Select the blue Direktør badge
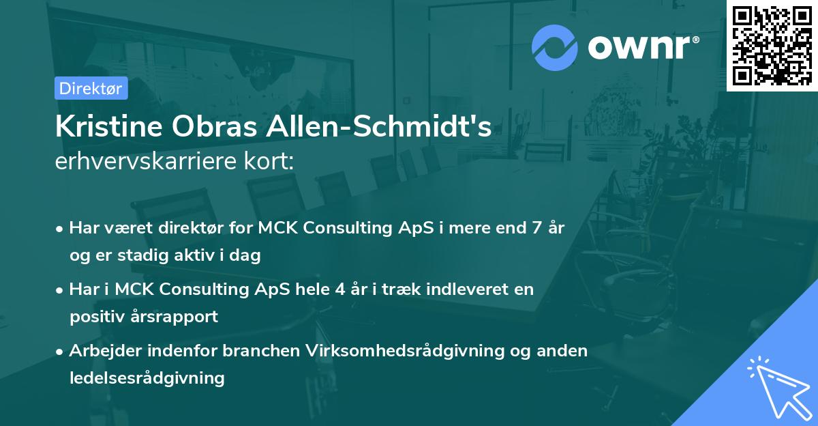[91, 88]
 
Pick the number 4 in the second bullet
[339, 289]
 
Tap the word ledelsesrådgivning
[147, 378]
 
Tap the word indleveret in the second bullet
[471, 289]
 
